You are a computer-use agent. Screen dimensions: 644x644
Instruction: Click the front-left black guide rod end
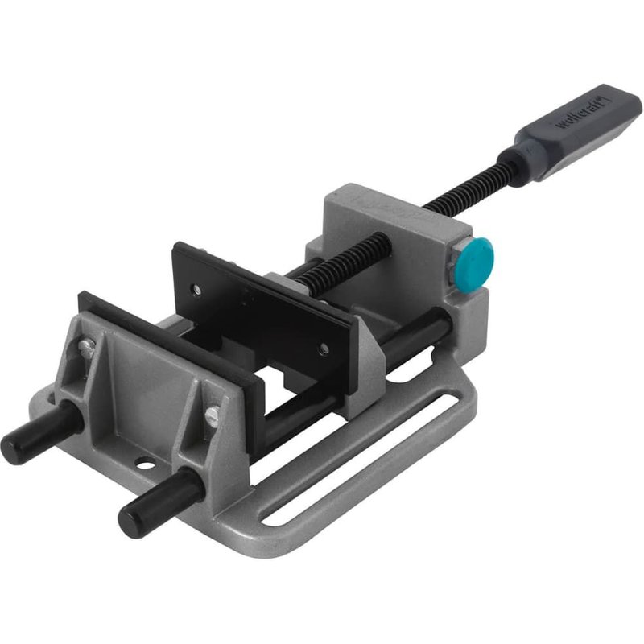tap(18, 440)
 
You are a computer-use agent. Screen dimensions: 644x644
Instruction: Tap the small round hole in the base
tap(146, 464)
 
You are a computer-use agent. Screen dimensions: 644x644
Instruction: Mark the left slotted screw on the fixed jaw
tap(85, 347)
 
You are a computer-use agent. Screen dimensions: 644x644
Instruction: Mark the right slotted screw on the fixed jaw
tap(213, 415)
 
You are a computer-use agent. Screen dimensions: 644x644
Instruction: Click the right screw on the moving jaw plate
tap(324, 349)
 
